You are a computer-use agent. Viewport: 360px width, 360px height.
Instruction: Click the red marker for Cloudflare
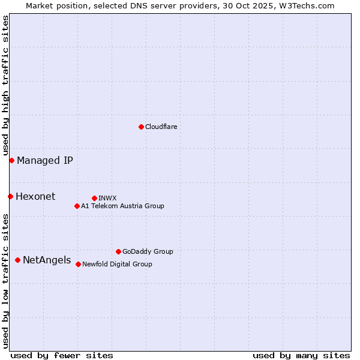coord(141,127)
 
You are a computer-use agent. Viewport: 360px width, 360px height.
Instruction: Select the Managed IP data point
coord(11,160)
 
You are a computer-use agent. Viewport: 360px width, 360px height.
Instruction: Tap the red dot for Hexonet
coord(10,196)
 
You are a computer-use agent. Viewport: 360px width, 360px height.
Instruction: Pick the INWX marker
coord(94,198)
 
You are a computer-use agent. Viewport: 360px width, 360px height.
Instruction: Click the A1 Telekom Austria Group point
coord(77,206)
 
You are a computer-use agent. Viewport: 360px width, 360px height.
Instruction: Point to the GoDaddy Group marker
coord(118,251)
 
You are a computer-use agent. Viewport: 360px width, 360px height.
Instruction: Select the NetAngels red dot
coord(17,260)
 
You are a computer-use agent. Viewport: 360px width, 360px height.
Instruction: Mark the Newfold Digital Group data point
coord(78,264)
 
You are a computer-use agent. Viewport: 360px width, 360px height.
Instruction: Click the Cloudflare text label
coord(161,127)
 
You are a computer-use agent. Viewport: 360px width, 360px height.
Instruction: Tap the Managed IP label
coord(45,160)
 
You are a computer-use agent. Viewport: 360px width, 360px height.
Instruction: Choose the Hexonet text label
coord(35,196)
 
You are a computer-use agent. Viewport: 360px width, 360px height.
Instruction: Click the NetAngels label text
coord(47,260)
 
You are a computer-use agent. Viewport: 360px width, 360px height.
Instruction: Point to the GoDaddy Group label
coord(148,251)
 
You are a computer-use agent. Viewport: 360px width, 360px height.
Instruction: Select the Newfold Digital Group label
coord(117,264)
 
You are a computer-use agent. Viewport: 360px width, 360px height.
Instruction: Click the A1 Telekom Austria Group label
coord(122,206)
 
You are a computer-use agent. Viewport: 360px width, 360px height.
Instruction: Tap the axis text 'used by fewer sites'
coord(62,355)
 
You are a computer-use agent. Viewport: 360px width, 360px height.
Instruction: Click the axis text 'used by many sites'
coord(301,355)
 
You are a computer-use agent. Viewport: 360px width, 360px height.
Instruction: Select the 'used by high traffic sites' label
coord(5,85)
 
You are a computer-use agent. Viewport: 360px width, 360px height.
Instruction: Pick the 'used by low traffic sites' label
coord(5,280)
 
